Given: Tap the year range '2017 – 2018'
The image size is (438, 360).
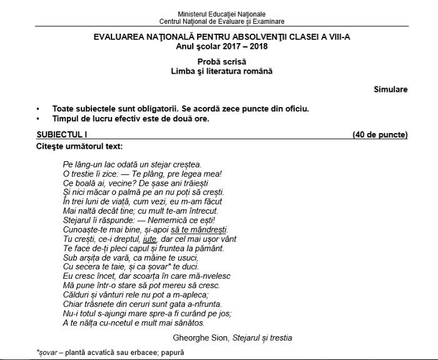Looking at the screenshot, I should click(242, 47).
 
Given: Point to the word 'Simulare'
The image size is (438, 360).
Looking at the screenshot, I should click(390, 89).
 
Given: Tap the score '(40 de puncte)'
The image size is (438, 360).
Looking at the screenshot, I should click(380, 134).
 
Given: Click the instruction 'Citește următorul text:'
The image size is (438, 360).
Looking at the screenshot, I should click(79, 147).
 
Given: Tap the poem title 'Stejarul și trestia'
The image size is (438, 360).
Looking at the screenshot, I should click(262, 338).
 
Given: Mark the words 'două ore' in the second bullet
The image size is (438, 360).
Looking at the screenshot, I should click(192, 119).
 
